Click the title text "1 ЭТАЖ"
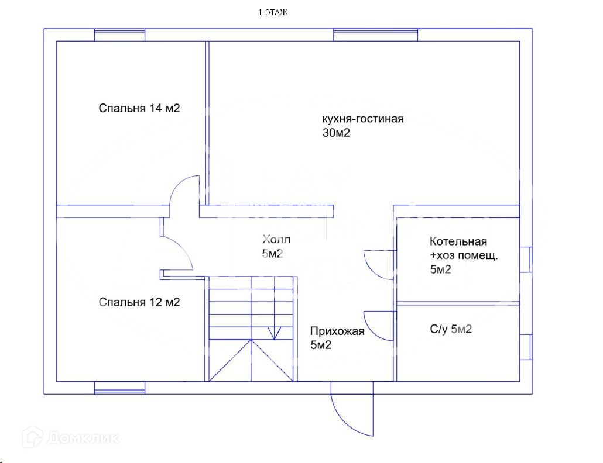click(273, 12)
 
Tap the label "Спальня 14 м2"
click(139, 108)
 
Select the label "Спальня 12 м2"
click(139, 302)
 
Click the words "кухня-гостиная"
click(363, 119)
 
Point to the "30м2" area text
click(336, 133)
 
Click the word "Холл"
click(276, 240)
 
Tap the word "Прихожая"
click(337, 331)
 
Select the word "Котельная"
click(458, 241)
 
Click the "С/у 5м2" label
click(451, 330)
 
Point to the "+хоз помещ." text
click(464, 255)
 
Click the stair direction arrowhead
click(273, 334)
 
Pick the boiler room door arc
click(378, 264)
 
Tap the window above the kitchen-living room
click(376, 35)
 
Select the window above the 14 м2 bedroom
click(120, 35)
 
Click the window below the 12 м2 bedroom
click(119, 388)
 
